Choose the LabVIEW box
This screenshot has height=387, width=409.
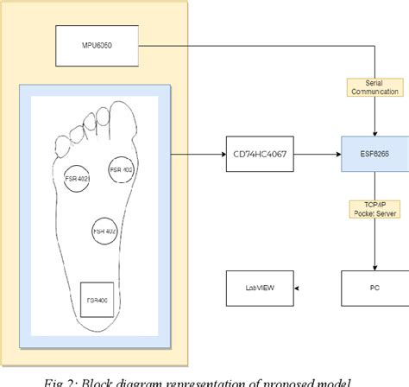coord(258,287)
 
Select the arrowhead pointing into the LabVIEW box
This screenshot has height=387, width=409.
coord(296,287)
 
